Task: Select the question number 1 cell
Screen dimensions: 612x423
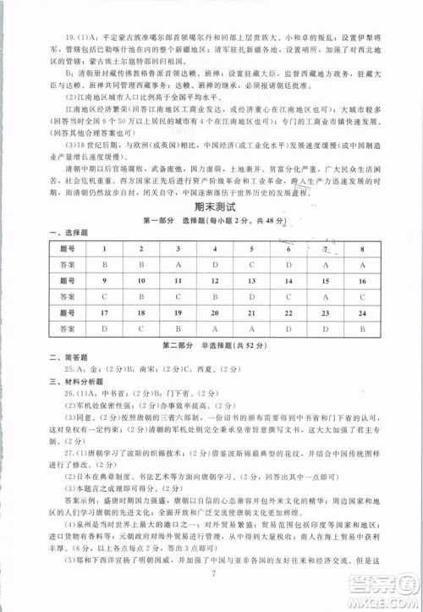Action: (104, 249)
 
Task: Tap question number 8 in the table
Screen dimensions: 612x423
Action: (361, 250)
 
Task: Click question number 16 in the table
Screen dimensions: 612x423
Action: (361, 280)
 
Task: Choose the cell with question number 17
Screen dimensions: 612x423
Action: (104, 312)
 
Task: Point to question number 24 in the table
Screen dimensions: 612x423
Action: (361, 313)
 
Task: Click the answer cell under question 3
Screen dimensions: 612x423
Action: (179, 264)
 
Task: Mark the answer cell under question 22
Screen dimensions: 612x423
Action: (288, 328)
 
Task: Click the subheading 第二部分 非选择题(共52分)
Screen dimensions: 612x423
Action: (214, 345)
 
